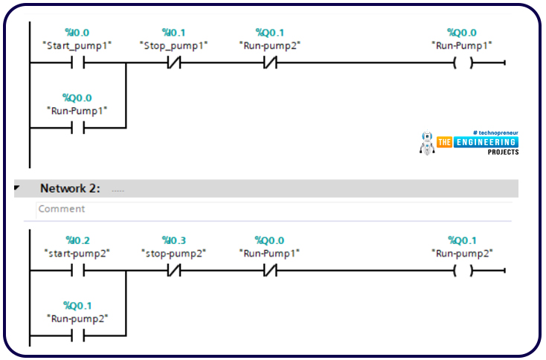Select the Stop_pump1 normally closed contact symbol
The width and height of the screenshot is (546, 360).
click(173, 63)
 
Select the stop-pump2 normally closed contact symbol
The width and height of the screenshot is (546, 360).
click(173, 271)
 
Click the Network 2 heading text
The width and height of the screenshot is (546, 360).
click(70, 188)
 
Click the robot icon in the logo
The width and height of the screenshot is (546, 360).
click(427, 144)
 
